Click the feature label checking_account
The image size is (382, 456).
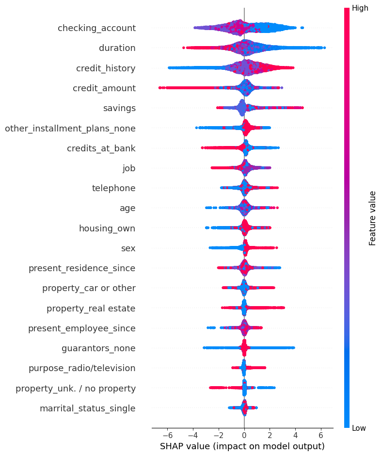[96, 28]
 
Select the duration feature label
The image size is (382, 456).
[117, 48]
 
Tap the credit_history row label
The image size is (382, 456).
[106, 68]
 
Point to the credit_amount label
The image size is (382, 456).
[104, 88]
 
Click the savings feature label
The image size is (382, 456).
[119, 108]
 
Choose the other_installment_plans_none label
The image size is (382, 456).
[70, 129]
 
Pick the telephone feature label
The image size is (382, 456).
[113, 188]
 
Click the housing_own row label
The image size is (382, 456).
[107, 228]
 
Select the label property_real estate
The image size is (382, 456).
[91, 308]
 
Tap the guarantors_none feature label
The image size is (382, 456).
[98, 348]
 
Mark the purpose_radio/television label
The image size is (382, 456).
[82, 368]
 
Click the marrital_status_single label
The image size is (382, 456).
[87, 408]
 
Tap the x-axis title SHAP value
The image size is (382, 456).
[242, 446]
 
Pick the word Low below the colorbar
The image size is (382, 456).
[360, 428]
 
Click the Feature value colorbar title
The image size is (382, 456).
[372, 218]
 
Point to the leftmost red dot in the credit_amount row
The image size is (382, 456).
[160, 88]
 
